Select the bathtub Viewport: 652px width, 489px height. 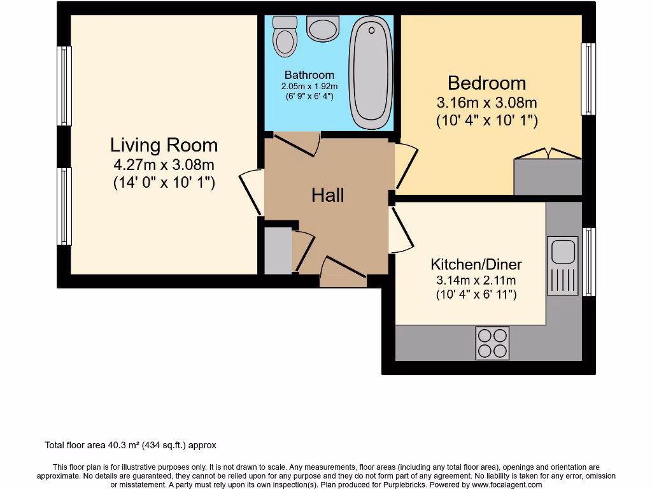371,73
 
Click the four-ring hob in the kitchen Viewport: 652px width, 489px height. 492,343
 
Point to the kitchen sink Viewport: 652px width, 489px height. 563,252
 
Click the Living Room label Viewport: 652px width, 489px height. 164,145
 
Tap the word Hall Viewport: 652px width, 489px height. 327,195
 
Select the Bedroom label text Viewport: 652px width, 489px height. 486,83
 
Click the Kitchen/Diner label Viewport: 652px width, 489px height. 476,264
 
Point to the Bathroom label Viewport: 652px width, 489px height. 309,75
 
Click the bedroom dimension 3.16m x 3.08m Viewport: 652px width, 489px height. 486,103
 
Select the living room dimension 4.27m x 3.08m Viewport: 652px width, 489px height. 164,166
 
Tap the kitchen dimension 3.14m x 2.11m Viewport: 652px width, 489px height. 476,280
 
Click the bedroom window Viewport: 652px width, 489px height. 588,79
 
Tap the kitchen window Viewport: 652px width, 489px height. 589,262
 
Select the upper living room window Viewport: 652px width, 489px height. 64,86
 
